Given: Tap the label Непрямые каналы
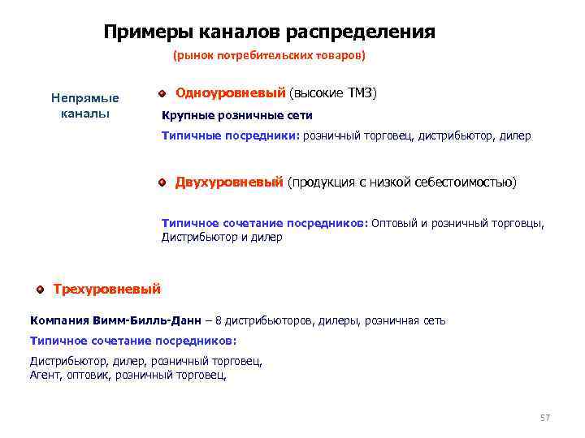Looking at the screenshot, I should pos(85,105).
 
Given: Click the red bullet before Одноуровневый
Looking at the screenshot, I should pos(162,95).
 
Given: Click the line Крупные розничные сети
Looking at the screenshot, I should pos(237,115).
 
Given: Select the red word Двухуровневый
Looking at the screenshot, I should pos(229,182).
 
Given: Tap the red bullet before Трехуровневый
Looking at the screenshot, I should pos(40,289).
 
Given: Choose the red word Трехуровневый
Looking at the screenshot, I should pos(106,289).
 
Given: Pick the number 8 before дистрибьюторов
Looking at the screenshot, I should pos(219,320).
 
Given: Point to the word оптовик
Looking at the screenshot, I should pos(89,376).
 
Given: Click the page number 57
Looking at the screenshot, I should pos(544,418).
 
